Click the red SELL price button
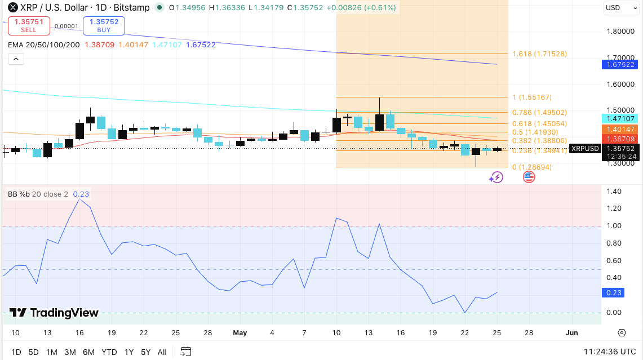(x=29, y=25)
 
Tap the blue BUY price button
(x=104, y=25)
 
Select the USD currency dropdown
(x=620, y=8)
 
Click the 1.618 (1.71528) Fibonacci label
(x=540, y=54)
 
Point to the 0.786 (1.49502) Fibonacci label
(x=540, y=112)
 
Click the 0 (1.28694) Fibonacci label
(x=532, y=167)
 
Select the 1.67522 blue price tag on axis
(x=620, y=64)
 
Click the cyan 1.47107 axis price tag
(x=620, y=118)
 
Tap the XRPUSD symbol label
(x=585, y=148)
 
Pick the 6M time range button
(x=88, y=352)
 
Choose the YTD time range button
(x=109, y=352)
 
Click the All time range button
(x=162, y=352)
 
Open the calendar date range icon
(x=186, y=352)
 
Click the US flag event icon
(x=529, y=177)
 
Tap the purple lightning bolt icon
(x=496, y=177)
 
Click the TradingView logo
(x=54, y=313)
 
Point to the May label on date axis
(x=240, y=333)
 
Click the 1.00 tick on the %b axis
(x=614, y=226)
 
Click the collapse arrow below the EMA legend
(x=16, y=59)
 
